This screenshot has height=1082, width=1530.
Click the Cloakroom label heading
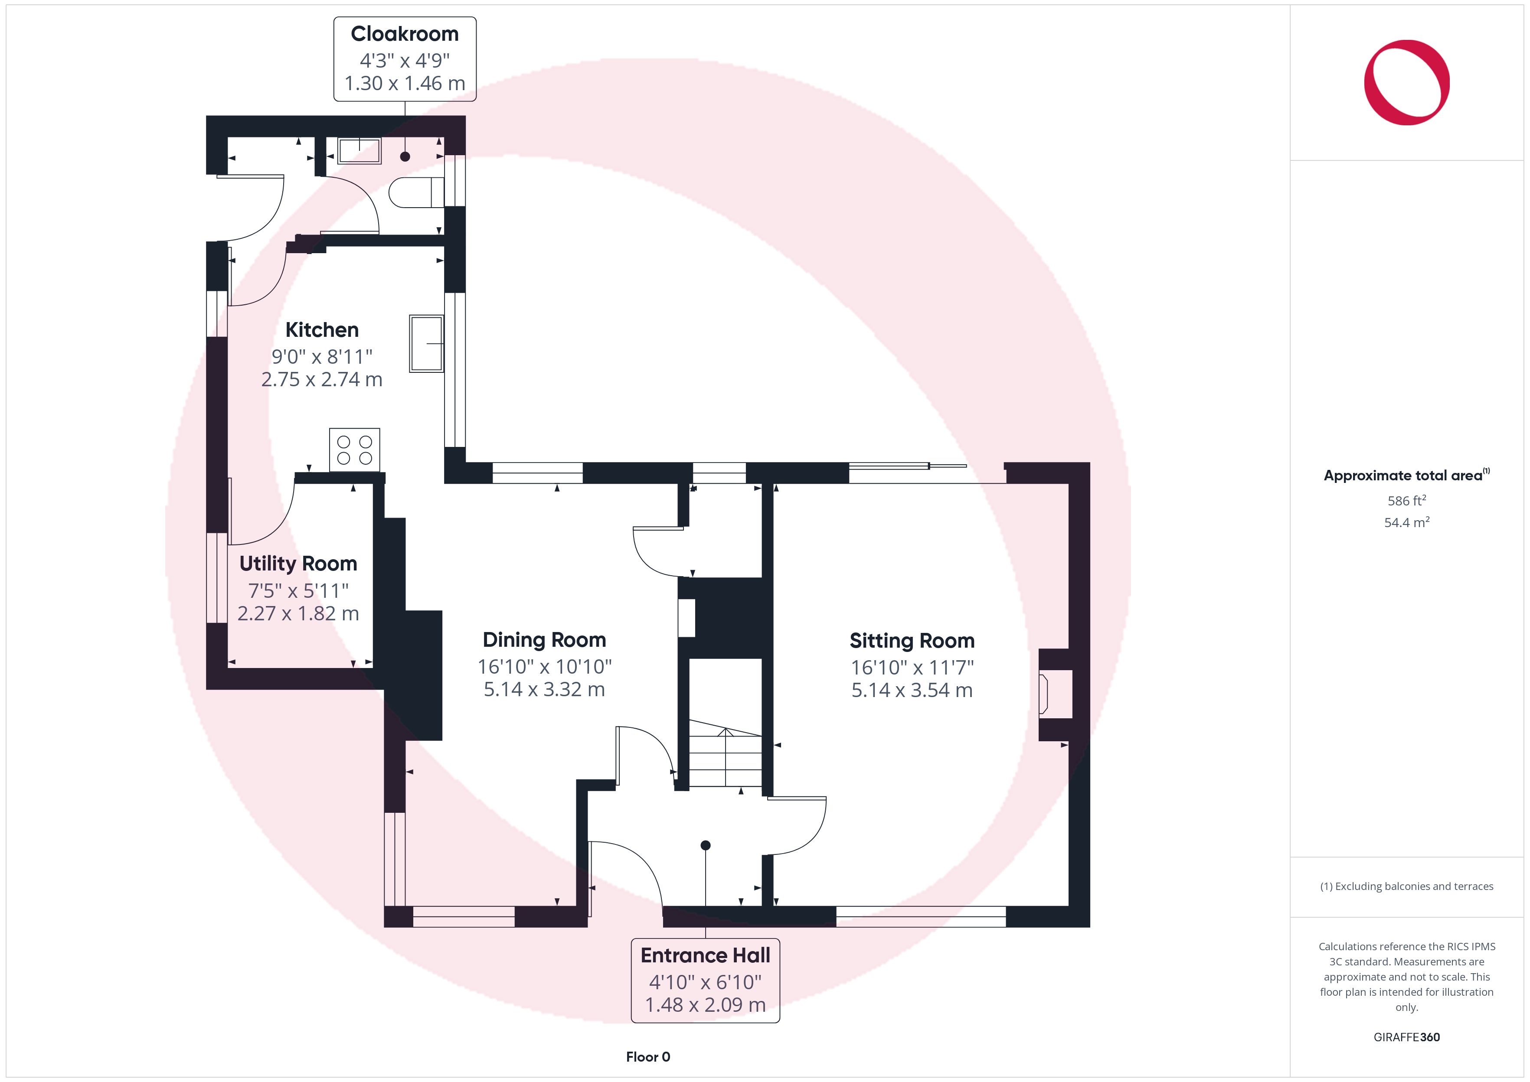click(x=405, y=33)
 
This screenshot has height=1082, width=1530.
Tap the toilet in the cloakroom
click(x=416, y=192)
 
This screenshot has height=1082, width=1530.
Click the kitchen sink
click(x=426, y=343)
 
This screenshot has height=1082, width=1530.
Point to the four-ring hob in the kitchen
click(x=354, y=450)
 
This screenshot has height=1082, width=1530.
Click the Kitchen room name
click(x=322, y=330)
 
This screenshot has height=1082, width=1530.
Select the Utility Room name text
click(x=298, y=564)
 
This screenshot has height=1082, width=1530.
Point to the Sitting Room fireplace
click(x=1056, y=694)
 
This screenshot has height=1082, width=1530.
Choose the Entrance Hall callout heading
click(x=705, y=955)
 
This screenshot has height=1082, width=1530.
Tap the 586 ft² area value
click(x=1407, y=500)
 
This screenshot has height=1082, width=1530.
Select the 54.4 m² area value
click(x=1407, y=522)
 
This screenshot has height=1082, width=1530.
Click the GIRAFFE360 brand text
click(x=1407, y=1036)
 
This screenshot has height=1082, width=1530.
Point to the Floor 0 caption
click(x=648, y=1057)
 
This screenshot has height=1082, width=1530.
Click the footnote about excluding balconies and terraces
click(x=1407, y=886)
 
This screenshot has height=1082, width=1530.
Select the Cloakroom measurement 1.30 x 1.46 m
click(x=405, y=83)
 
